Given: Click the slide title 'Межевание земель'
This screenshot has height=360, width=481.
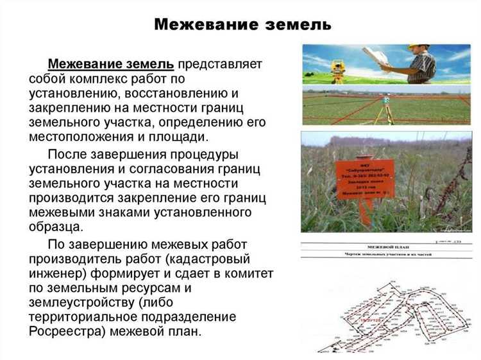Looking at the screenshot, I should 243,25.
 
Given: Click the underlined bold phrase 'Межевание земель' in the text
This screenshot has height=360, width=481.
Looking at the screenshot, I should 111,65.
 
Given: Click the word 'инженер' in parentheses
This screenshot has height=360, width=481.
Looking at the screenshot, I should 58,274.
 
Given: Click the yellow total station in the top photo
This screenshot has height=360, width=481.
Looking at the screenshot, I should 338,66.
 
